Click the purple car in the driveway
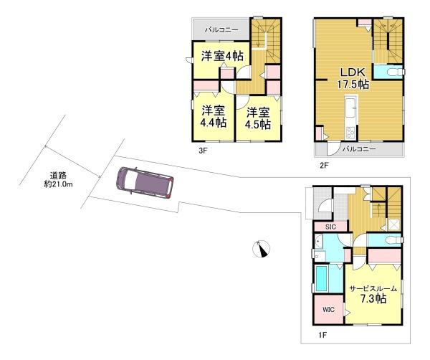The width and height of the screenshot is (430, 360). tap(145, 182)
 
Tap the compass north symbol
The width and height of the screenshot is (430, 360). tap(261, 249)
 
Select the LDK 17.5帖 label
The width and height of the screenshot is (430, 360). tap(353, 78)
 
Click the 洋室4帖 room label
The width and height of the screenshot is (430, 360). tap(222, 56)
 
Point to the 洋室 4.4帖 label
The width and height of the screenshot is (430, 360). tap(214, 117)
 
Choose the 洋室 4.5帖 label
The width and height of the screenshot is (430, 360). tap(258, 118)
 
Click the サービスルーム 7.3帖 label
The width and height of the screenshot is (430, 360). tap(373, 294)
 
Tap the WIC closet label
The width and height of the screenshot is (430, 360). tap(328, 310)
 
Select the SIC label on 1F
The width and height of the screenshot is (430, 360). tap(330, 227)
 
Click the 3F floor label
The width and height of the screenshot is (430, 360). tap(202, 151)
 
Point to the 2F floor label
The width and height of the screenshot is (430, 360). tap(324, 165)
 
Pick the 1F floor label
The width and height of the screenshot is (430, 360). tap(322, 335)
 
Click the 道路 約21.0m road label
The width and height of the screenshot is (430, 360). tap(58, 180)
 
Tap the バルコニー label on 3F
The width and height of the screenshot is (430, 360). tap(221, 30)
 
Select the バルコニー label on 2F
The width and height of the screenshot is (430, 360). tap(359, 149)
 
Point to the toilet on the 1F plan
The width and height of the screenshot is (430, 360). tap(393, 240)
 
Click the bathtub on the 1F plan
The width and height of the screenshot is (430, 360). tap(322, 278)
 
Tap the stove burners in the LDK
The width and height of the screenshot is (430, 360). tap(350, 133)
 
